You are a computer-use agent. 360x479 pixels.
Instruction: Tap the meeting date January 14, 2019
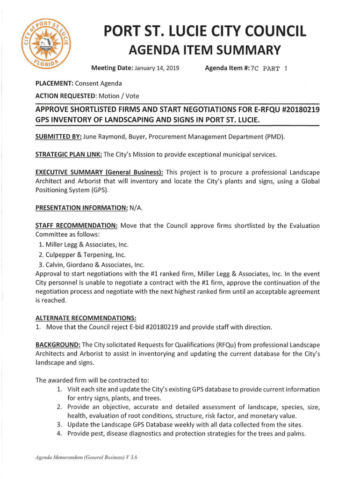tap(157, 68)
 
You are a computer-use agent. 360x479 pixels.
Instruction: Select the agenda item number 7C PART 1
tap(269, 68)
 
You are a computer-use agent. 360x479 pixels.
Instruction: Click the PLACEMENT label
tap(54, 83)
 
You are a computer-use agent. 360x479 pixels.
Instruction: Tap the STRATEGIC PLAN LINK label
tap(68, 154)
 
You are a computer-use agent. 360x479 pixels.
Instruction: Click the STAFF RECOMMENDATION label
tap(76, 225)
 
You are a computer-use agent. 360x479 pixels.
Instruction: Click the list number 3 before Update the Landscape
tap(59, 425)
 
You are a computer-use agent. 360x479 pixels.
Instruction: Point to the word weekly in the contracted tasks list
tap(189, 425)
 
